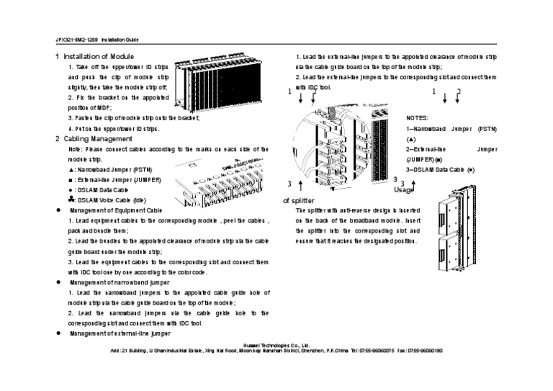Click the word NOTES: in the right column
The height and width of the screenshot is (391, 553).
(418, 116)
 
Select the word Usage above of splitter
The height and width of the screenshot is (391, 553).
(405, 190)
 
